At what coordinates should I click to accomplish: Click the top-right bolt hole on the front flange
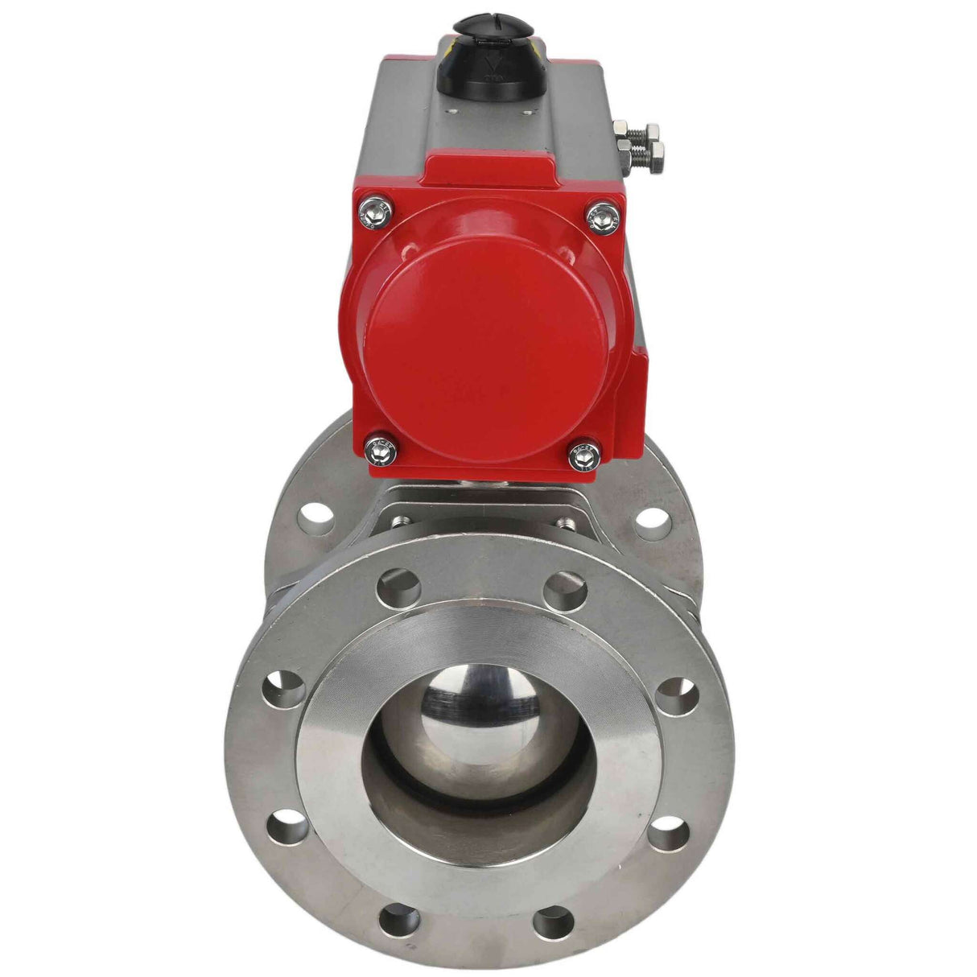565,592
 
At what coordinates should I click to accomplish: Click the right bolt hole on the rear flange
653,517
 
